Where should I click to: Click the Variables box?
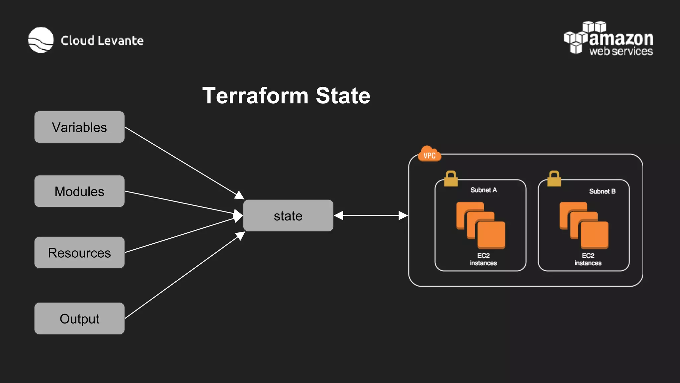coord(79,127)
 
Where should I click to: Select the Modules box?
coord(79,191)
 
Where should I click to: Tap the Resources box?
coord(79,253)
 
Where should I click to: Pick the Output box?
coord(79,319)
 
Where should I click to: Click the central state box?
coord(288,216)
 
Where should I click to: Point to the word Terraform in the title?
coord(255,96)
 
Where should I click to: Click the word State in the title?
coord(343,96)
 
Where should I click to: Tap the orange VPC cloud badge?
coord(429,155)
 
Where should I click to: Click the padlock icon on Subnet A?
coord(451,179)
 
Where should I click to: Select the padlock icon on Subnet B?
coord(554,179)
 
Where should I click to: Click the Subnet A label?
coord(483,190)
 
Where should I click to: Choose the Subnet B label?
coord(602,191)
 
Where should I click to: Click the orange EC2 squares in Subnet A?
coord(480,225)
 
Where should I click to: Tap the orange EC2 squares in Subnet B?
coord(584,225)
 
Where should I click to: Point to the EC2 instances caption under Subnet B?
coord(588,259)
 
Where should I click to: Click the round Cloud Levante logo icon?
coord(41,40)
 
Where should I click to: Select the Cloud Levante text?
coord(102,41)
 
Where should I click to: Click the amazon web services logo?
coord(609,39)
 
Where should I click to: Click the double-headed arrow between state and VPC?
coord(371,216)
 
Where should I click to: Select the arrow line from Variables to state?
coord(183,162)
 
